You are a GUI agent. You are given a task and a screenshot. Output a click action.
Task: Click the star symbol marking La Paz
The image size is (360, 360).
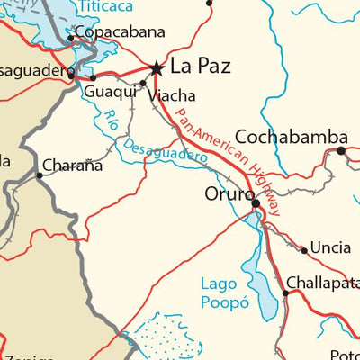pyautogui.click(x=157, y=67)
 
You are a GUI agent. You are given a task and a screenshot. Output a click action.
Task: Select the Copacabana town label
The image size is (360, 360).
pyautogui.click(x=120, y=31)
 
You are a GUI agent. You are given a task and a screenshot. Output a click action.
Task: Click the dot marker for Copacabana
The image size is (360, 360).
pyautogui.click(x=70, y=39)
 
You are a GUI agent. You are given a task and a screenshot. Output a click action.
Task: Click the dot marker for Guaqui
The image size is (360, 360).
pyautogui.click(x=93, y=78)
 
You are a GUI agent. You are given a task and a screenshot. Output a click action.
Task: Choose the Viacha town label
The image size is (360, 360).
pyautogui.click(x=171, y=95)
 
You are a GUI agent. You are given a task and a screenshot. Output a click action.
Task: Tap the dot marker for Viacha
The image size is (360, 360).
pyautogui.click(x=142, y=84)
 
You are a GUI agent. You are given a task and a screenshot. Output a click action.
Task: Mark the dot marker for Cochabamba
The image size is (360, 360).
pyautogui.click(x=341, y=150)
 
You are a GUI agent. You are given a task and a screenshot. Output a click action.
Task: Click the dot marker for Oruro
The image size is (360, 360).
pyautogui.click(x=256, y=204)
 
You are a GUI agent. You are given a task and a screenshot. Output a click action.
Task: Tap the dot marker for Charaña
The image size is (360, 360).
pyautogui.click(x=39, y=175)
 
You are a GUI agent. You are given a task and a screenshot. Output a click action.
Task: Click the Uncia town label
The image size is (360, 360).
pyautogui.click(x=332, y=249)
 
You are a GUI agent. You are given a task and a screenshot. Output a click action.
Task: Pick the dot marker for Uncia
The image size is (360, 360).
pyautogui.click(x=304, y=250)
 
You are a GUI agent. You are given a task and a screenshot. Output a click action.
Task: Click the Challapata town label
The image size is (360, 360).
pyautogui.click(x=323, y=283)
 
